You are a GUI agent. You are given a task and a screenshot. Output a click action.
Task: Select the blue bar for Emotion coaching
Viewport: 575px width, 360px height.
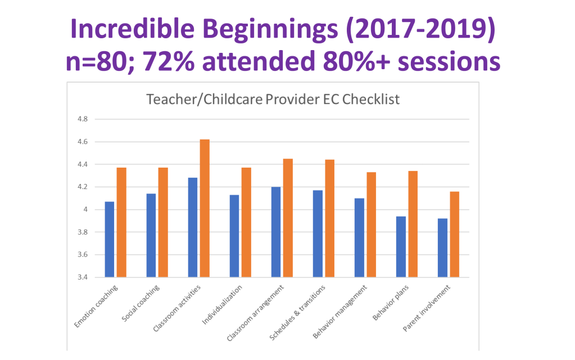pos(109,239)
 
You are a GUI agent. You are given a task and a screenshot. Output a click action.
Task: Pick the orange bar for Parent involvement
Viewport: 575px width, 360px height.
pos(454,234)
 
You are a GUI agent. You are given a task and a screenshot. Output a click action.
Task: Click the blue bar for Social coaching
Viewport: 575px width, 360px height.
pos(151,235)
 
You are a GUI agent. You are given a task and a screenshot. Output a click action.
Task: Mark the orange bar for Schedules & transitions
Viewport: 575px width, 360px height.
pos(329,218)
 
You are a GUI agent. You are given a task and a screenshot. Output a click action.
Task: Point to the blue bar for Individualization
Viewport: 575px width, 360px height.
pos(234,236)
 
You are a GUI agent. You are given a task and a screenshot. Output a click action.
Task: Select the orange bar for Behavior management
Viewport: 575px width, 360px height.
pos(371,224)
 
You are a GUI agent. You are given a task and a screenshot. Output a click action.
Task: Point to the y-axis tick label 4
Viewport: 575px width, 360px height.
pos(84,210)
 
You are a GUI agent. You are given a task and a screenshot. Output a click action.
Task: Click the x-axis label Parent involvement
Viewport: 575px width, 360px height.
pos(428,307)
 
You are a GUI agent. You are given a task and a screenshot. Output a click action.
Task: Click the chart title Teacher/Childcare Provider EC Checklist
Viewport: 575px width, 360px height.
pos(273,100)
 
